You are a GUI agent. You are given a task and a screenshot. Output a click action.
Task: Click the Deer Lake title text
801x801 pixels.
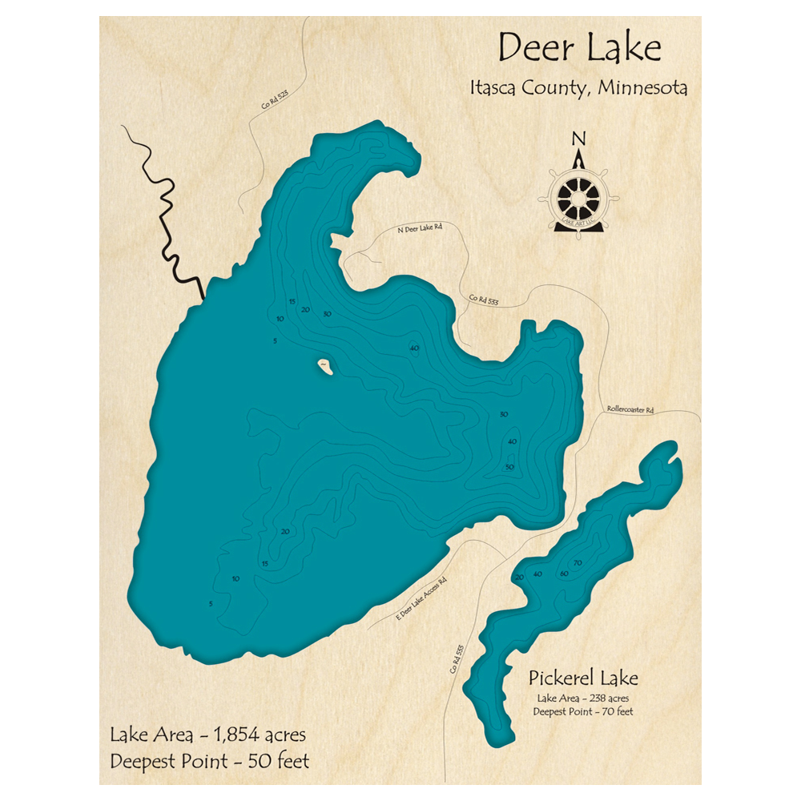tap(579, 49)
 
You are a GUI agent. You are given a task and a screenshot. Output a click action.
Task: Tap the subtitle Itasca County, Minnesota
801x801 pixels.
tap(578, 88)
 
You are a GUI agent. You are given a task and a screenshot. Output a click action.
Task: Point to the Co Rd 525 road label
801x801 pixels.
tap(274, 105)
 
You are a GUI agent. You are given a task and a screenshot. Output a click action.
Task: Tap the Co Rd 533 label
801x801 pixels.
tap(484, 301)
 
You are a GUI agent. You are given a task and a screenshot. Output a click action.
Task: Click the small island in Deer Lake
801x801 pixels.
tap(325, 367)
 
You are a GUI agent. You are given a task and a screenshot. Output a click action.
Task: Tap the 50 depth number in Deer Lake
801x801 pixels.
tap(509, 467)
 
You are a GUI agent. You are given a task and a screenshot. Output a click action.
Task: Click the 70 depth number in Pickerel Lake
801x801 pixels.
tap(577, 563)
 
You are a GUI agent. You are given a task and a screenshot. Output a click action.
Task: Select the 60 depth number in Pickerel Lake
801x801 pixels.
tap(564, 574)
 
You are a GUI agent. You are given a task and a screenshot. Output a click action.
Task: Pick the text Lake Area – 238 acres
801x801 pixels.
tap(583, 698)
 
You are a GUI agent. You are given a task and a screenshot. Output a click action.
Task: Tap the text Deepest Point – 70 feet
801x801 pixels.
tap(583, 712)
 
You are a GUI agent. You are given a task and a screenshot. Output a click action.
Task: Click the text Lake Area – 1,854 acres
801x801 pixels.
tap(208, 735)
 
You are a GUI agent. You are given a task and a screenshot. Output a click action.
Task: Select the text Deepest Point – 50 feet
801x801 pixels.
tap(209, 760)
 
